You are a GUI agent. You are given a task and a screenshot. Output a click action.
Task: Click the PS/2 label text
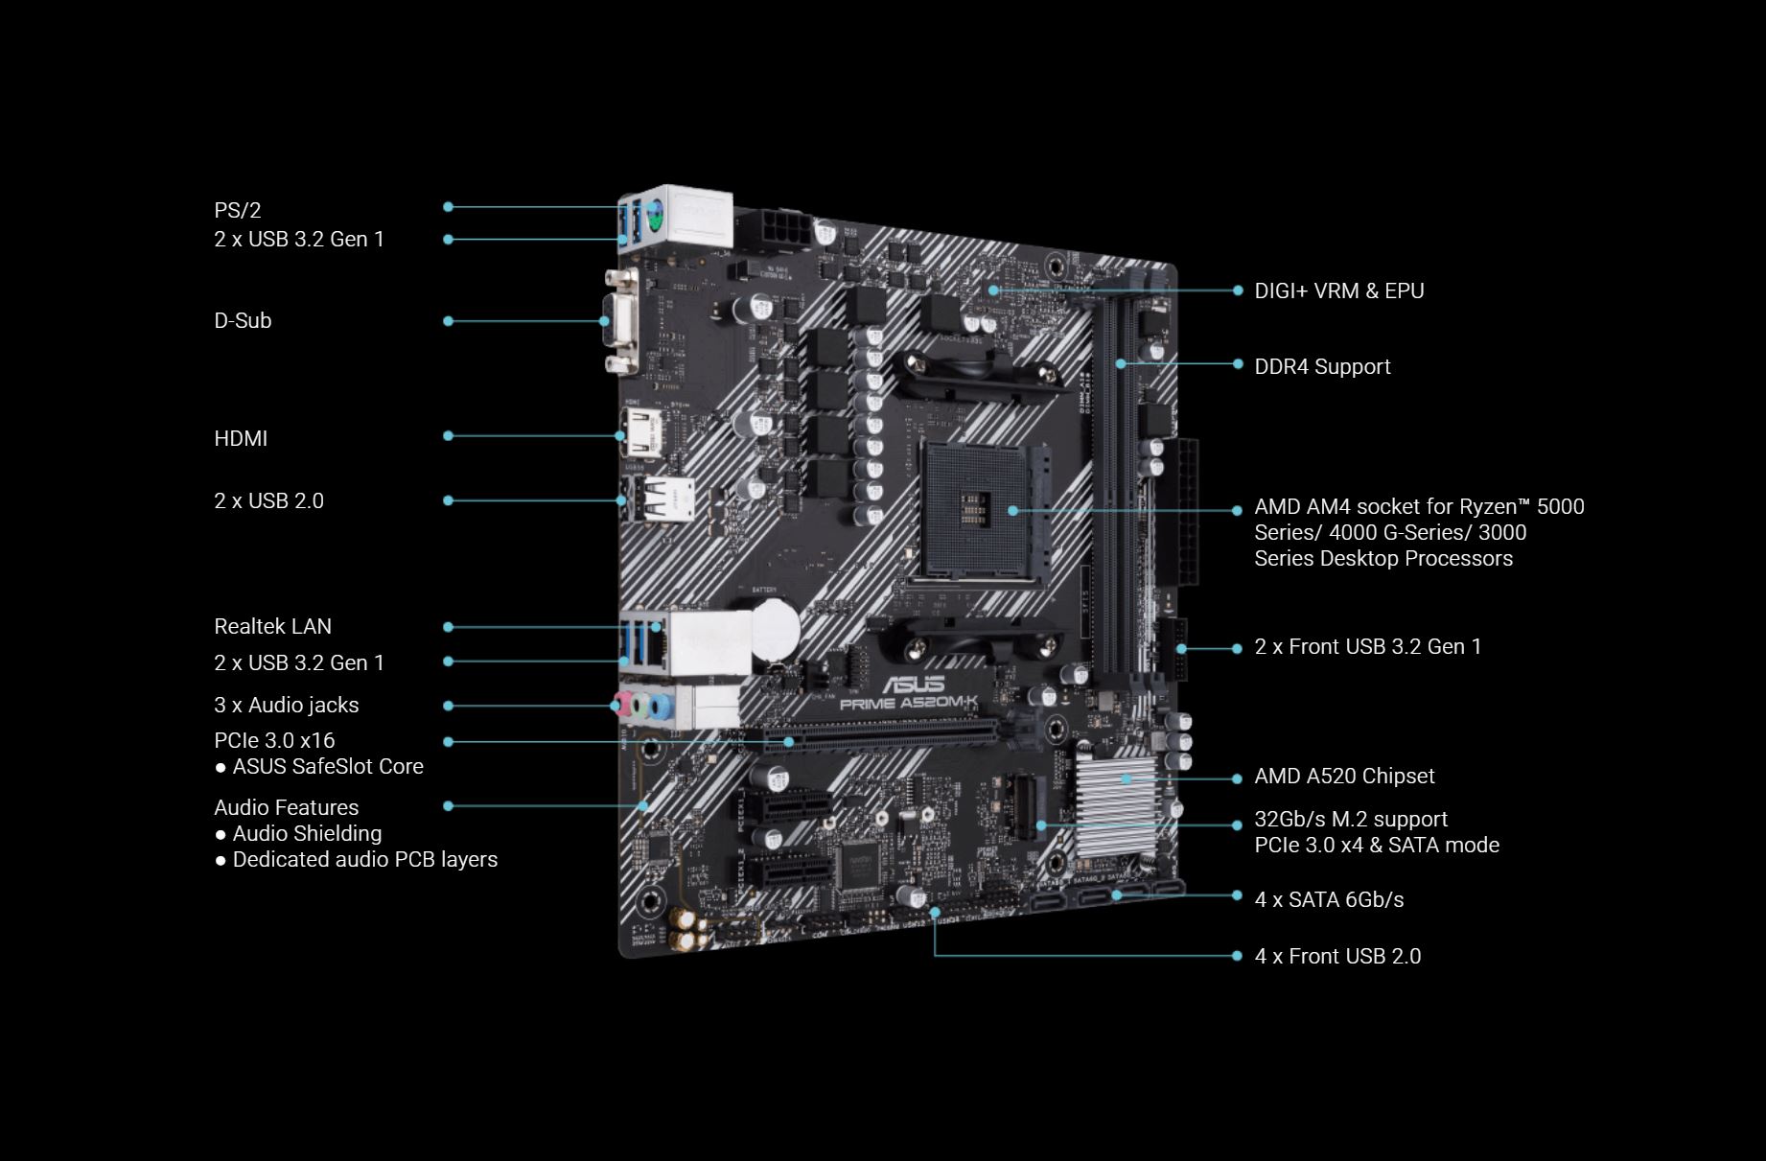[237, 210]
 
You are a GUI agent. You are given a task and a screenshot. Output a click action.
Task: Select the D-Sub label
[243, 320]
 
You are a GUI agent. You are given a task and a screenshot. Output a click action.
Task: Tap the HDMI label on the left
[241, 438]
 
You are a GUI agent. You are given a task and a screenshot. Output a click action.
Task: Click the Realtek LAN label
[272, 626]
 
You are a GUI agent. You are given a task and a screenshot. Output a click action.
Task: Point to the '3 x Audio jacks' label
[287, 705]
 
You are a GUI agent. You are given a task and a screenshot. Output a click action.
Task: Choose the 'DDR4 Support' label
[1322, 366]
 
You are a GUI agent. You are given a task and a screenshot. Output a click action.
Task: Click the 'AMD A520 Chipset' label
[1344, 776]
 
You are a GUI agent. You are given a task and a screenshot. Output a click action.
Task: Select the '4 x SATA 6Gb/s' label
[1329, 899]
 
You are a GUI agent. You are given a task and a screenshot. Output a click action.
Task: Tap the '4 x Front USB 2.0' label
[1337, 956]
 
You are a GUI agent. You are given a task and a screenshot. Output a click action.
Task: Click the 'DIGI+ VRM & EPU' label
[1339, 290]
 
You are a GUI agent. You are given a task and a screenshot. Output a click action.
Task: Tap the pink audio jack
[620, 705]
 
